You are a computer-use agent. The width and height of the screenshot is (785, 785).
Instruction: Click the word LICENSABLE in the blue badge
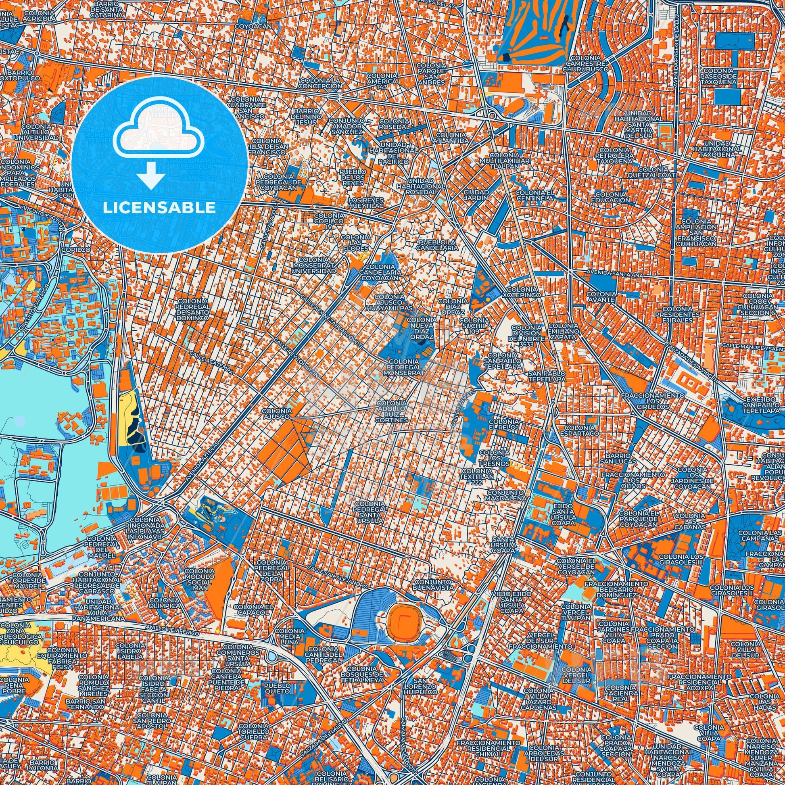click(x=159, y=208)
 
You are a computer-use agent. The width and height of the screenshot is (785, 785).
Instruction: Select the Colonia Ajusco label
click(x=278, y=413)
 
